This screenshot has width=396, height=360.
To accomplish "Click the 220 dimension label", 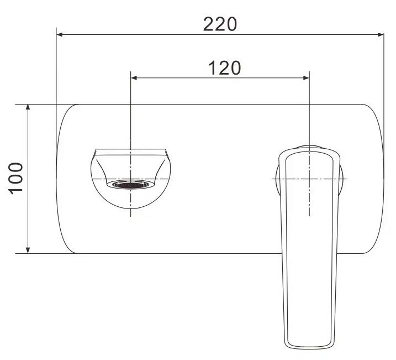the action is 220,24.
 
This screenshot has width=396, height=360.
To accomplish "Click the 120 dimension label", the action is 225,68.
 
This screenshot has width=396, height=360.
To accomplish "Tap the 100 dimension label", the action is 16,179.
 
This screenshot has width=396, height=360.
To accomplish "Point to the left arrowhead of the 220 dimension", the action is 59,35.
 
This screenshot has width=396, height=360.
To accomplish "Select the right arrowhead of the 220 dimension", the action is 381,35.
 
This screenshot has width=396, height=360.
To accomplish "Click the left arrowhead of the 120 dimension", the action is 134,78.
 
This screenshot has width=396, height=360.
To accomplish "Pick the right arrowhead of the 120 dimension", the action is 306,78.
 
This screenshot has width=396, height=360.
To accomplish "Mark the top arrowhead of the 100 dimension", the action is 28,107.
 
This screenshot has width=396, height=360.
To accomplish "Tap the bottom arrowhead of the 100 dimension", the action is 28,250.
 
